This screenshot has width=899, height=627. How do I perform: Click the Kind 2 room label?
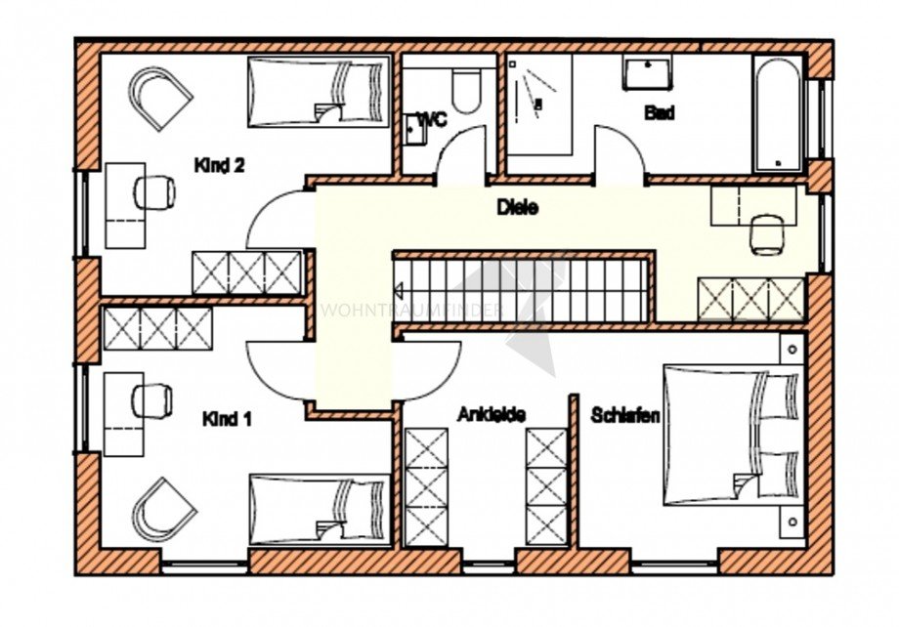(219, 165)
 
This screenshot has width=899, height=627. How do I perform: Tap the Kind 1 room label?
(227, 419)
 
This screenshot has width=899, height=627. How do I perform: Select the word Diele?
(518, 207)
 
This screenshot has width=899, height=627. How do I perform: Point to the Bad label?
(660, 113)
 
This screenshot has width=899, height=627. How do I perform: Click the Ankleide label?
(492, 415)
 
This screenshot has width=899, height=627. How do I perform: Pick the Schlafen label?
(625, 415)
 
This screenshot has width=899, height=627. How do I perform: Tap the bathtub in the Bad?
(778, 114)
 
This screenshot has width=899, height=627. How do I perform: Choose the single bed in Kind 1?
(319, 509)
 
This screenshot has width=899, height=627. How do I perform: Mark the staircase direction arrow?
(400, 289)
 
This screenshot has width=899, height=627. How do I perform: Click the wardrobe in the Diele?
(750, 299)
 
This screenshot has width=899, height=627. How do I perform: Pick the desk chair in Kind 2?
(153, 191)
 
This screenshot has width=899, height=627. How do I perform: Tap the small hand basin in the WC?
(413, 128)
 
